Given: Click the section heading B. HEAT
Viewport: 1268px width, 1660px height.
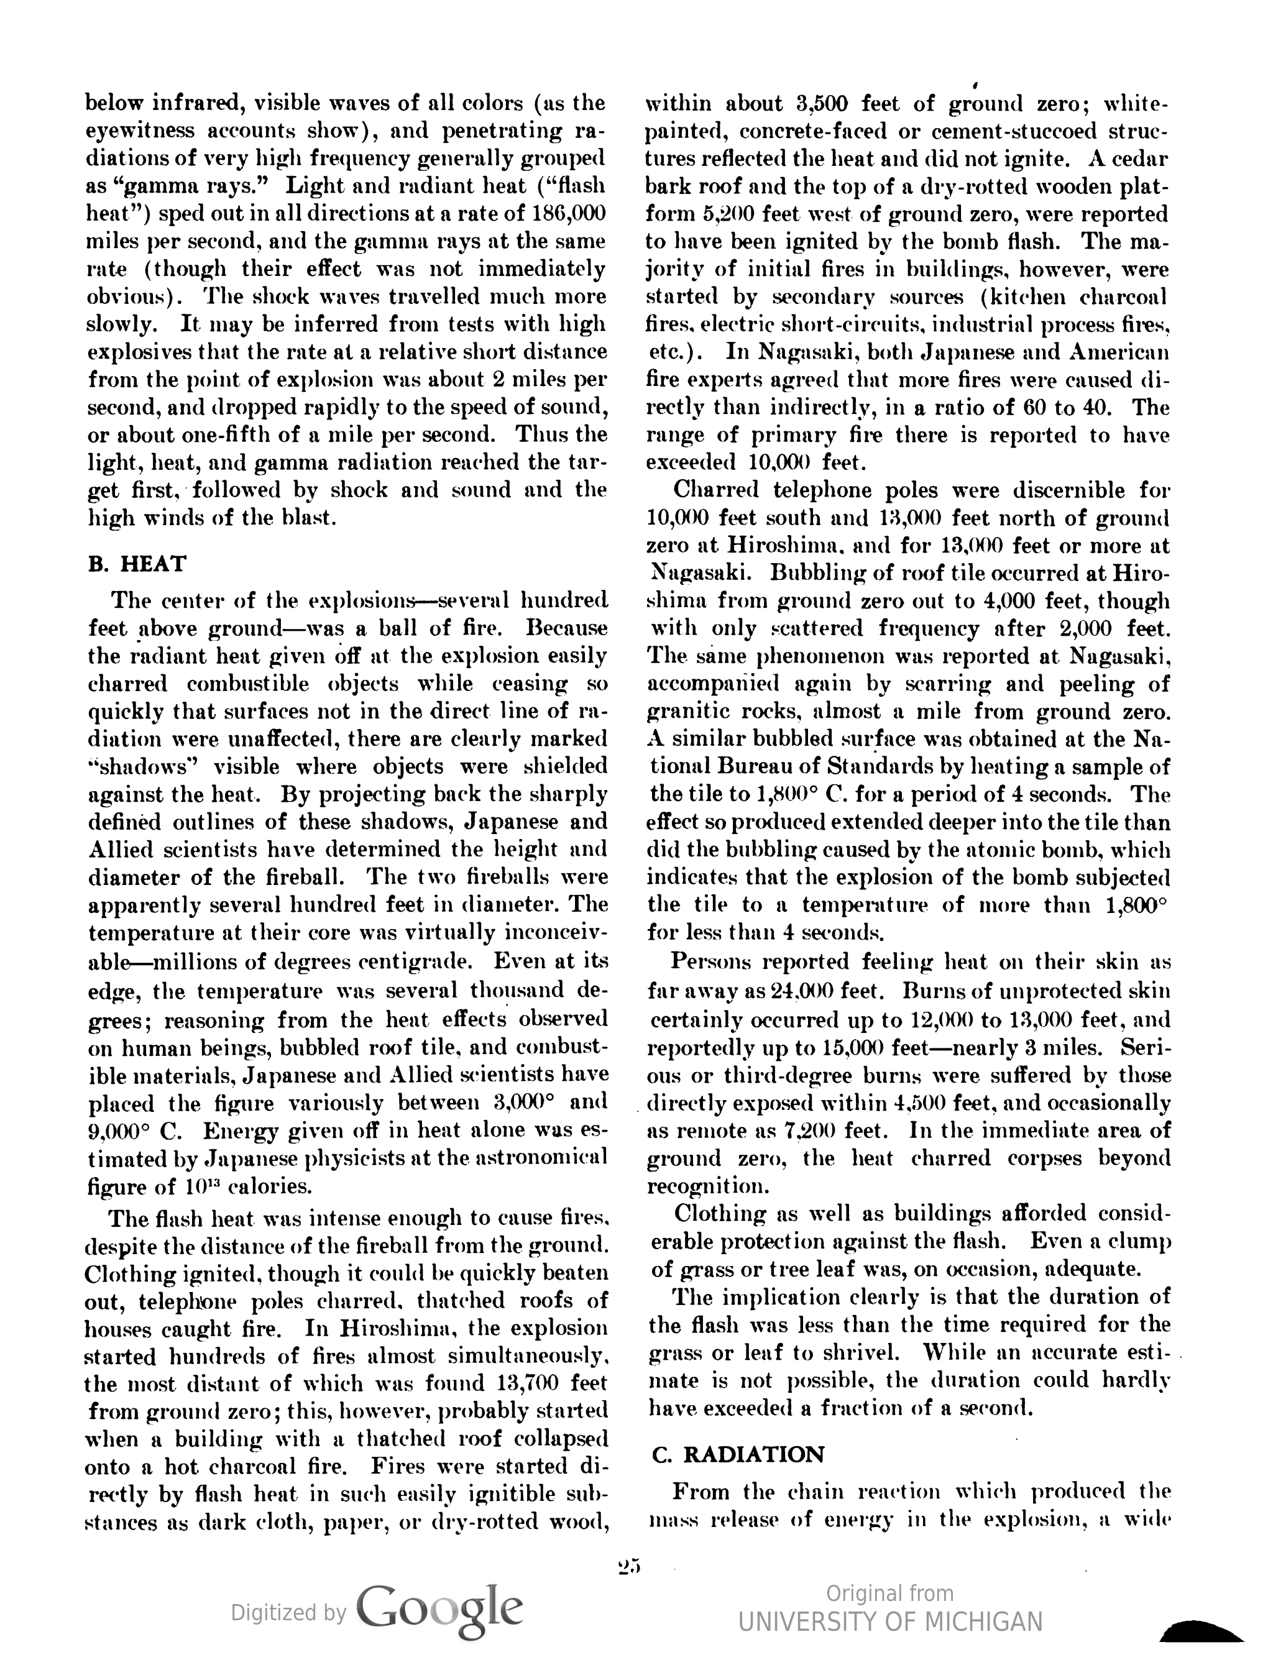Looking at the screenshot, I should point(137,564).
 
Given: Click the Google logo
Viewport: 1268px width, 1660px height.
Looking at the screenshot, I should point(439,1612).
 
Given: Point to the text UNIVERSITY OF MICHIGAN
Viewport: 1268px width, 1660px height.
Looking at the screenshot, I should point(891,1621).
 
